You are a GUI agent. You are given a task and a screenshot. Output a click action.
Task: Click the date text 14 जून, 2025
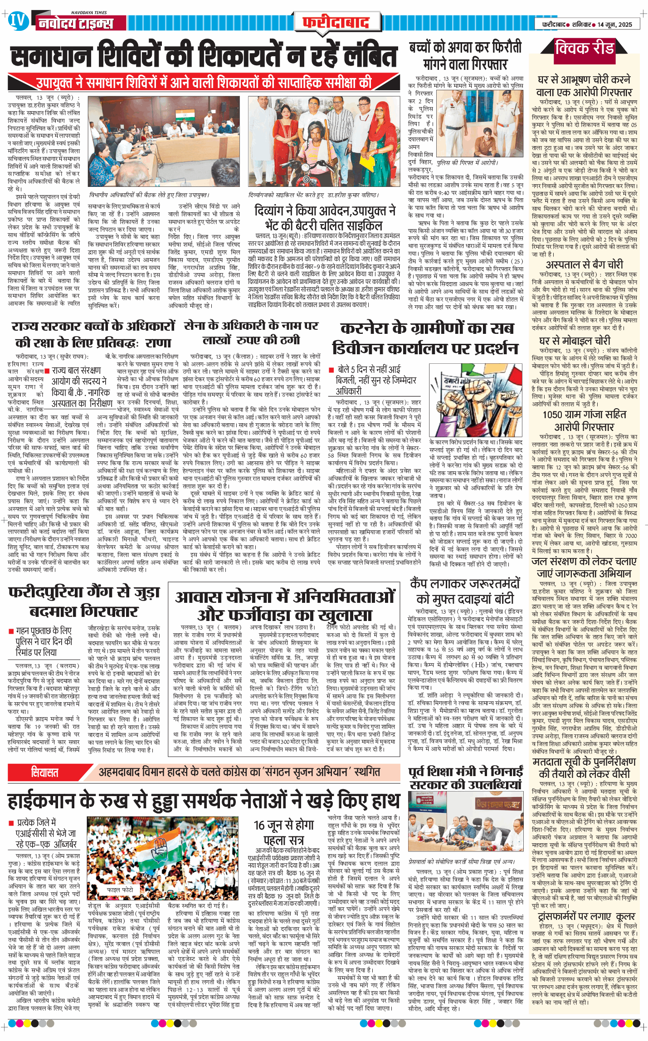pyautogui.click(x=614, y=24)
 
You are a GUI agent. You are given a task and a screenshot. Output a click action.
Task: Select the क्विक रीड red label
pyautogui.click(x=585, y=48)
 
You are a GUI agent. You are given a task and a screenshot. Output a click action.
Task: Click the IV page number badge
pyautogui.click(x=17, y=21)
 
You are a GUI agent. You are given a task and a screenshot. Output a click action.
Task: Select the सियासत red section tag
pyautogui.click(x=44, y=772)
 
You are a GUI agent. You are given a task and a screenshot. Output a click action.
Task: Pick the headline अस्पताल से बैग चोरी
pyautogui.click(x=584, y=264)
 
